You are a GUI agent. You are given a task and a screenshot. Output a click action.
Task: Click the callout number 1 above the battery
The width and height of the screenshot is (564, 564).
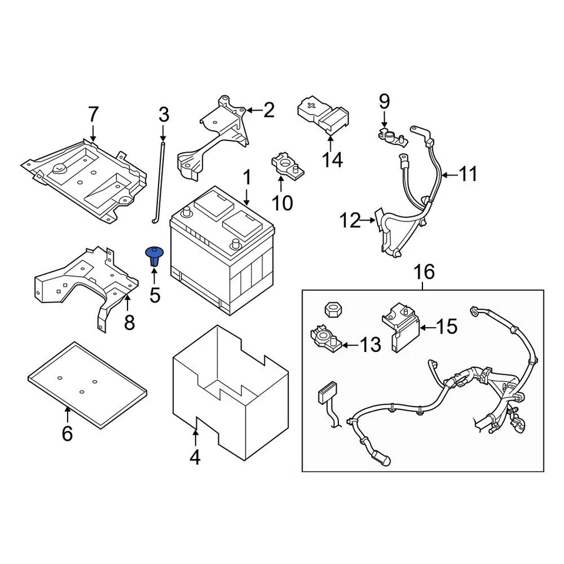[x=247, y=177]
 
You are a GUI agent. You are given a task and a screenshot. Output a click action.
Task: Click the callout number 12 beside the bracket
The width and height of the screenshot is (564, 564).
[x=351, y=221]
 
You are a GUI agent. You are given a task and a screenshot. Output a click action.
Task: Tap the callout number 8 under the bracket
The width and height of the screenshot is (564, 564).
[x=129, y=322]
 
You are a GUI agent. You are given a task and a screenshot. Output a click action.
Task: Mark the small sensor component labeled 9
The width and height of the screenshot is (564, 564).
[x=390, y=137]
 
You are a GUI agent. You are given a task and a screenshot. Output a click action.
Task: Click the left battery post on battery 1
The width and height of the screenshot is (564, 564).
[x=187, y=213]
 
